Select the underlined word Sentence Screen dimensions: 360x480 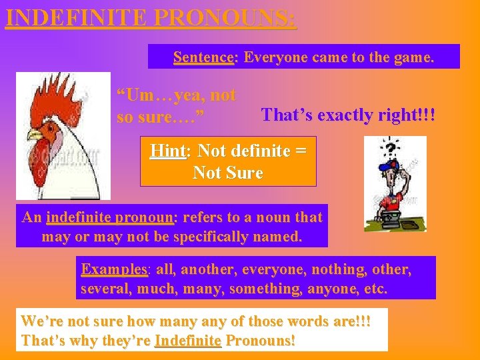tap(203, 57)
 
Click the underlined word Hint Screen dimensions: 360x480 tap(167, 151)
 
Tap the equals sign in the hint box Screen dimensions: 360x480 tap(300, 151)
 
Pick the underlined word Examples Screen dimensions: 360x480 tap(114, 269)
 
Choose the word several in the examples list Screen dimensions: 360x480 tap(104, 289)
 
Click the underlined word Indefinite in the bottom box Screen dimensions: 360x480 tap(187, 340)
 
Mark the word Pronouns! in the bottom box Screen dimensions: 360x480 tap(261, 340)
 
